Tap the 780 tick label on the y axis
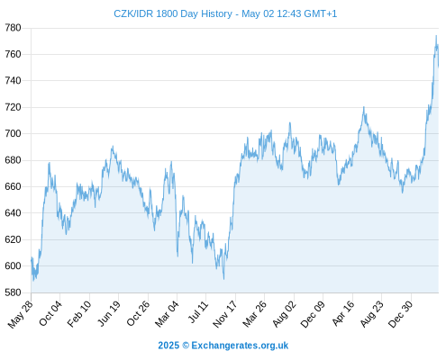point(13,28)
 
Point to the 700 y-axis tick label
point(13,133)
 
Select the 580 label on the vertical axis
point(13,292)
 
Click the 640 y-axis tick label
point(13,213)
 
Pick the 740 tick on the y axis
point(13,81)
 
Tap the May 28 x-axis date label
point(21,314)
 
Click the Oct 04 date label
point(50,314)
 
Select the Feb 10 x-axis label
point(79,314)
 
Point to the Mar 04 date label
point(167,314)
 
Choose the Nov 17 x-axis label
point(225,314)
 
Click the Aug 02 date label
point(284,314)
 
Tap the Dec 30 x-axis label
point(401,314)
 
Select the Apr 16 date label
point(343,314)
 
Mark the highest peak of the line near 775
point(436,36)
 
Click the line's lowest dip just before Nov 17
point(223,279)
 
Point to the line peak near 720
point(364,107)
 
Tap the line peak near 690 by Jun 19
point(113,147)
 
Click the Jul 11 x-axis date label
point(198,312)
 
